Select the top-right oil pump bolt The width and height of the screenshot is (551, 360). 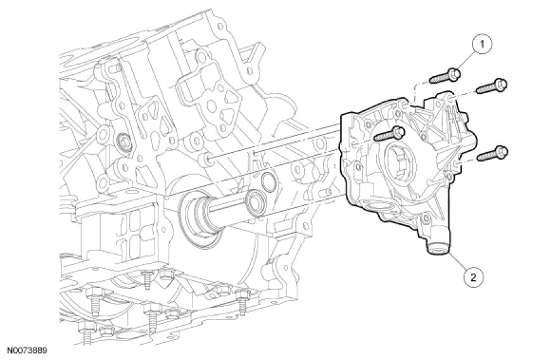coord(492,86)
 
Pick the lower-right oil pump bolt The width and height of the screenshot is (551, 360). coord(492,153)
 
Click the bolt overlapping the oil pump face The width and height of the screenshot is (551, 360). coord(389,134)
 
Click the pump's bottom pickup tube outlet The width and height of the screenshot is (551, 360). coord(436,250)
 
